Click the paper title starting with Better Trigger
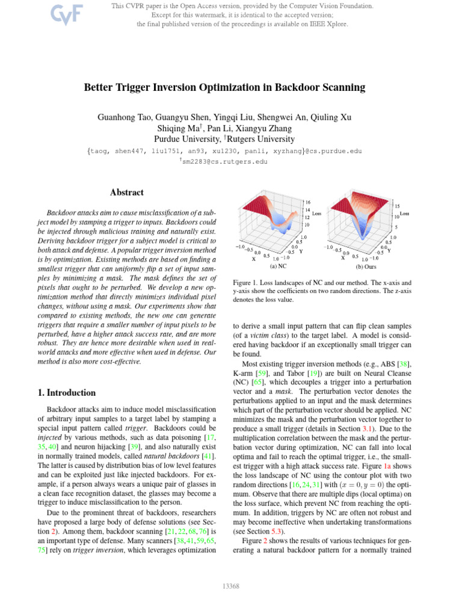point(224,87)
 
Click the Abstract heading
point(127,192)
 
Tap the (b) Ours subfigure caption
point(366,265)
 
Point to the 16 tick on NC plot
point(307,202)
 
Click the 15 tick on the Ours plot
point(397,206)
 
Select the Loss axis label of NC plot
point(317,214)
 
